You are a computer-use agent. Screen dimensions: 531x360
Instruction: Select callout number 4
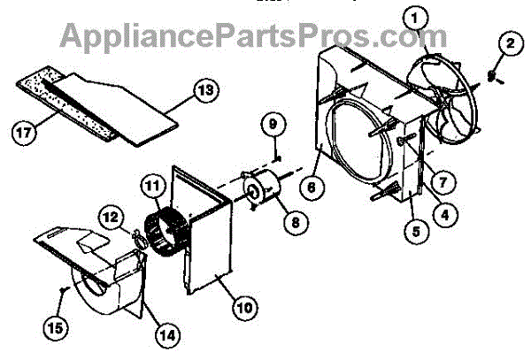450,212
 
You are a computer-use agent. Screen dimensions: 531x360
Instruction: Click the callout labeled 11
153,186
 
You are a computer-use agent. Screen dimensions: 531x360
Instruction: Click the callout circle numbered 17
27,133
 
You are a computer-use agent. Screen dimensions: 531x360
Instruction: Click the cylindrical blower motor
261,189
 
